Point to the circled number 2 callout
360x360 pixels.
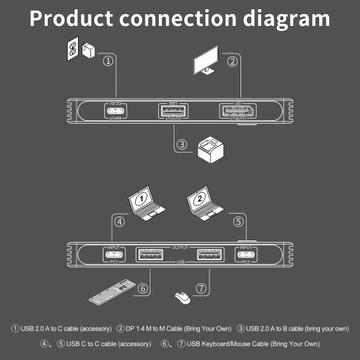tap(231, 62)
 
